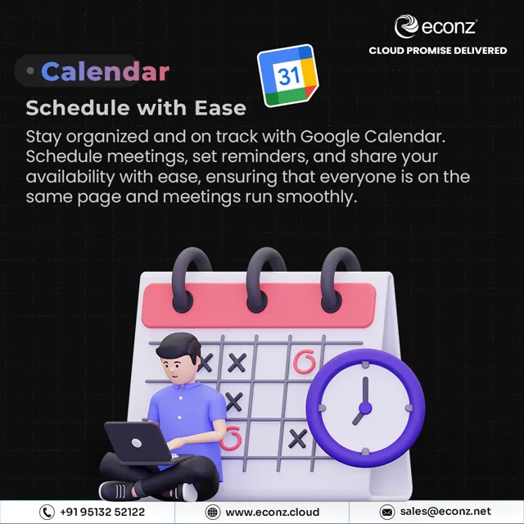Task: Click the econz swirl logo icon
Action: [406, 26]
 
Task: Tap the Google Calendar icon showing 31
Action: [287, 75]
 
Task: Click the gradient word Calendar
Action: [106, 71]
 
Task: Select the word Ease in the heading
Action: [220, 108]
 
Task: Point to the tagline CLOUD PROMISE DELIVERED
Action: [438, 51]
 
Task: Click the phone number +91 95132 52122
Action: [102, 512]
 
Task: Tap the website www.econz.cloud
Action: [273, 512]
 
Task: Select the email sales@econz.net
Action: [445, 511]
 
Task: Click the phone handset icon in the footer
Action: [47, 512]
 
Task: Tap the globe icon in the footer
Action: [213, 512]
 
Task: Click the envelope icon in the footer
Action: [387, 512]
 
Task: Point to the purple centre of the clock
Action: [365, 408]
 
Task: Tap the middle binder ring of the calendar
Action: [265, 279]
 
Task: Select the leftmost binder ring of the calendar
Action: [191, 279]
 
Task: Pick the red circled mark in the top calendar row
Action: [304, 362]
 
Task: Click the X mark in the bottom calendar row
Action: [298, 439]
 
